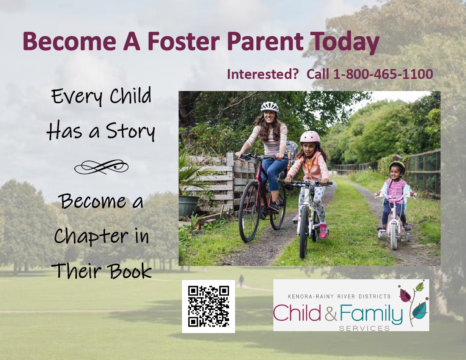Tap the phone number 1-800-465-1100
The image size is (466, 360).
click(x=383, y=74)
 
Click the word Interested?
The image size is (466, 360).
click(x=263, y=74)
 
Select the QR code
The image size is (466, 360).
click(x=209, y=307)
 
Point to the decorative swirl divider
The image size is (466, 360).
click(x=101, y=167)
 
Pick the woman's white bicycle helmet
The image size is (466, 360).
click(x=270, y=107)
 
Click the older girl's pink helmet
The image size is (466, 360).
click(x=310, y=137)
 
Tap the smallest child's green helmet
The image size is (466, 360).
click(x=397, y=167)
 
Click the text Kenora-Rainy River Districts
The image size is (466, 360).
click(x=339, y=297)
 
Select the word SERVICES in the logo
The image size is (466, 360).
click(x=364, y=328)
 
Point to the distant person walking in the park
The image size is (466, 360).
click(x=242, y=281)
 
